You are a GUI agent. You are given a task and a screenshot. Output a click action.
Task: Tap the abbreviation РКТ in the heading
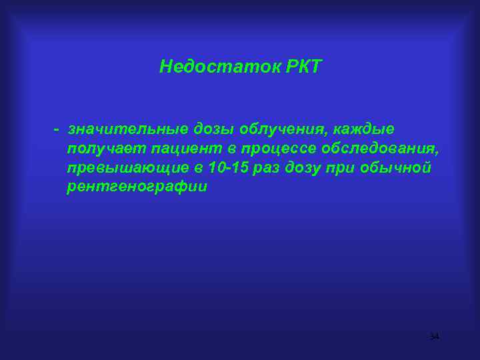point(297,67)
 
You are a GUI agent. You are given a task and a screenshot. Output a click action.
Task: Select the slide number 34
point(434,337)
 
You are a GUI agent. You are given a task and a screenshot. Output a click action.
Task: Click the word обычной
point(401,167)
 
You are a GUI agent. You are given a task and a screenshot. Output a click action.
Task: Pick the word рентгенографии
point(137,187)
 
